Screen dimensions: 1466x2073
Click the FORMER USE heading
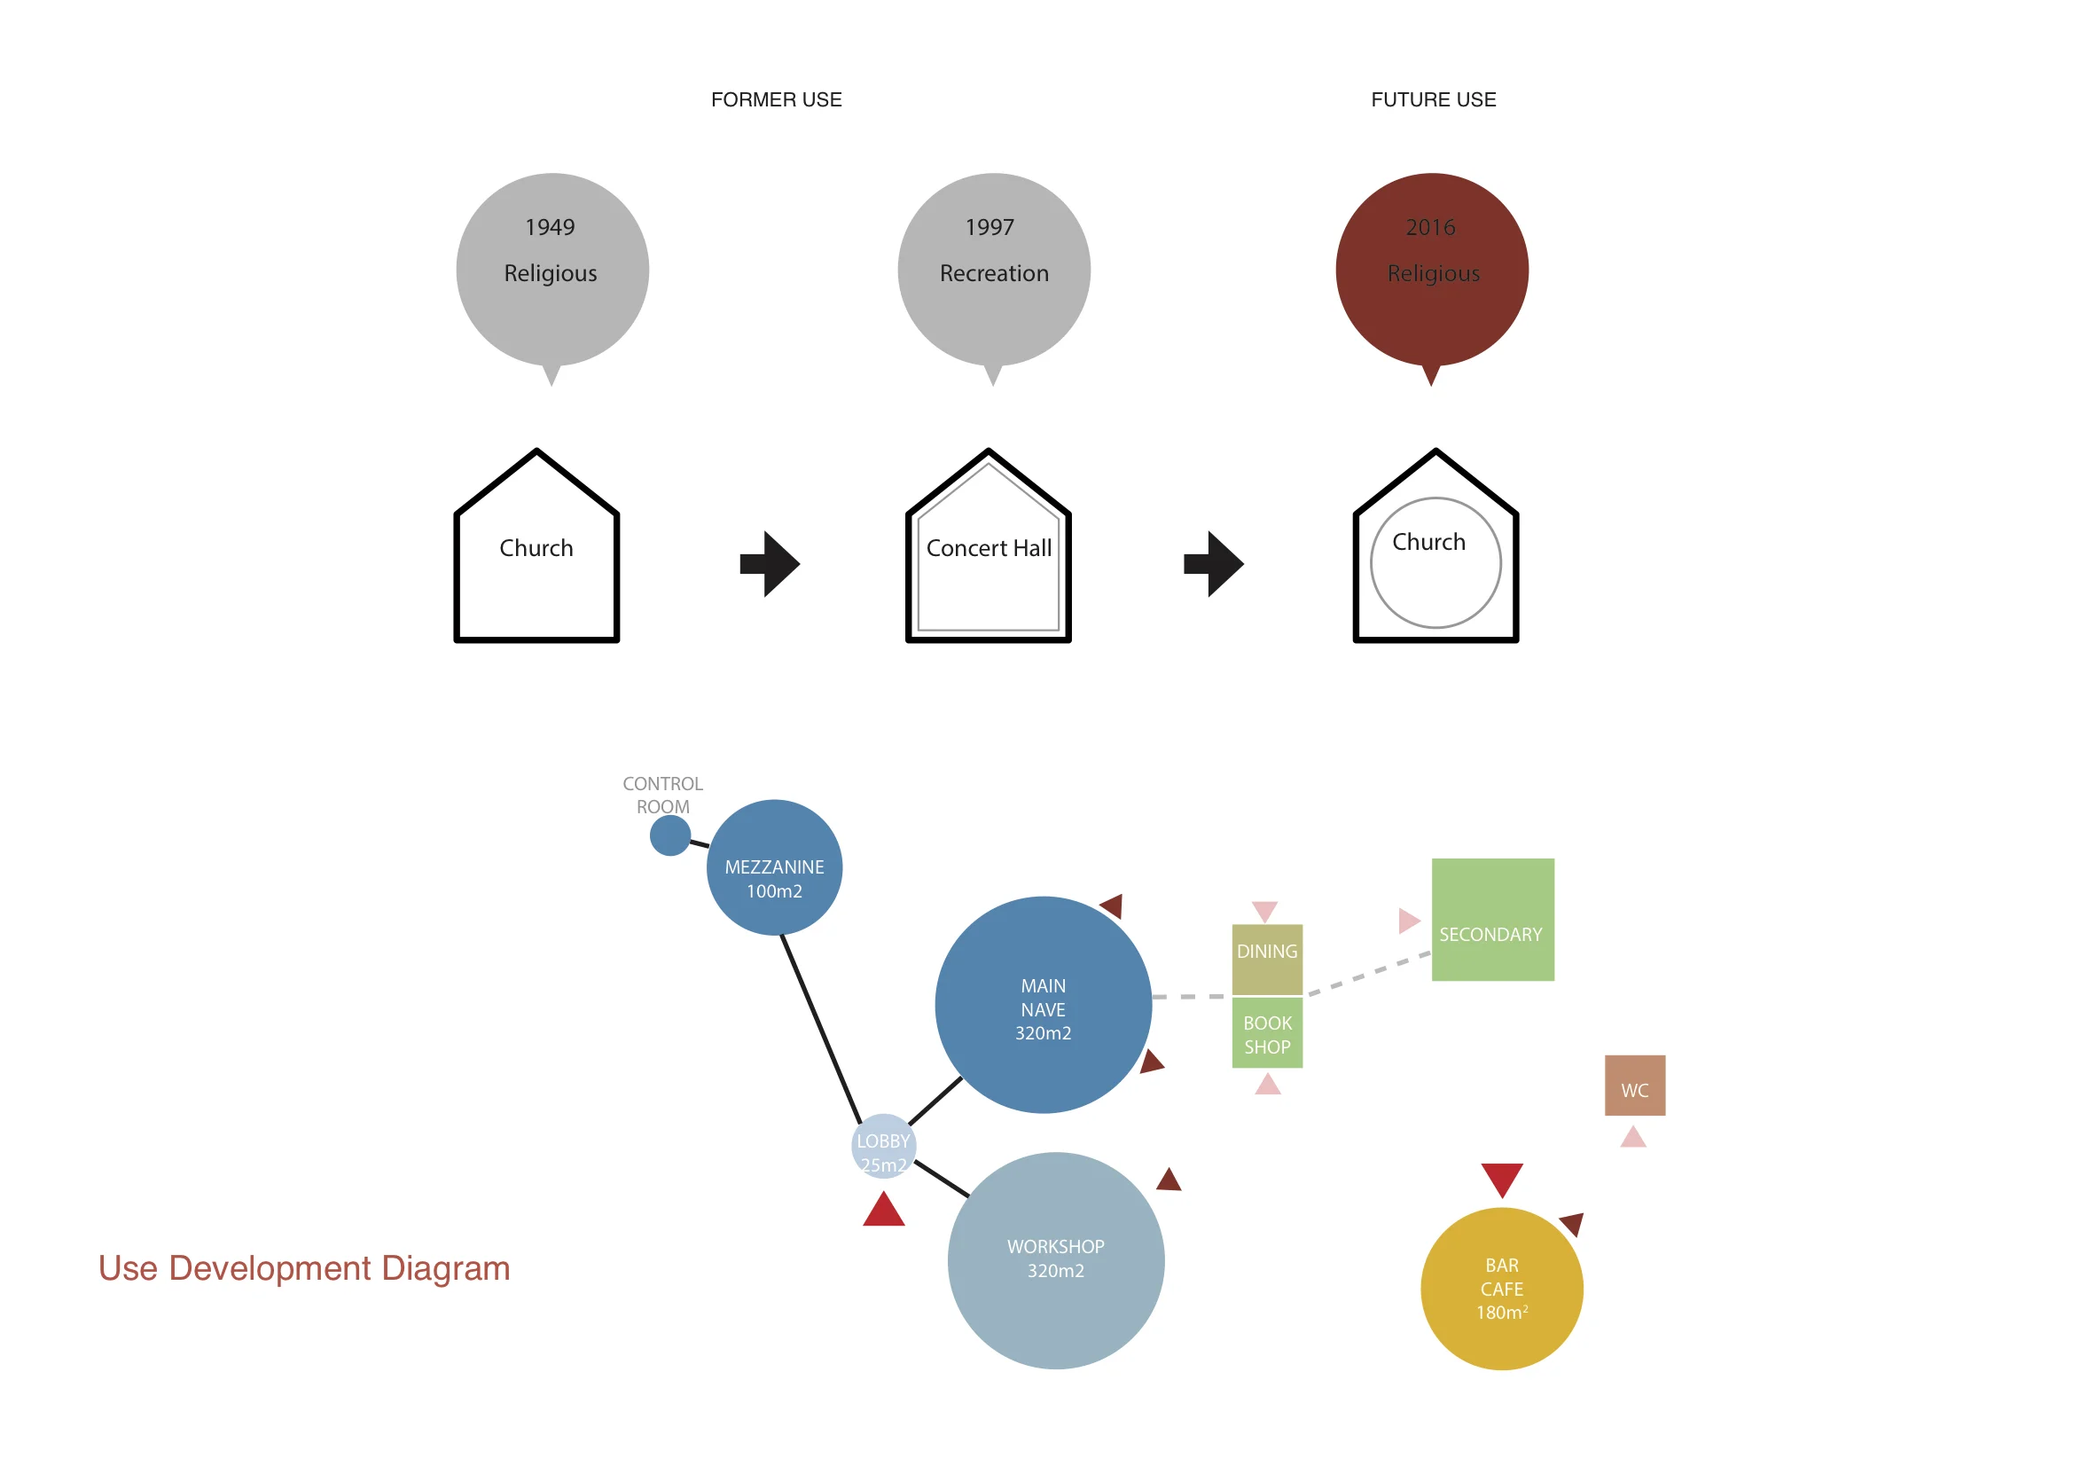pos(776,99)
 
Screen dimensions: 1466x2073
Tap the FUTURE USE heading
pos(1433,99)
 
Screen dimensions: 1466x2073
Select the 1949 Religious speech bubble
pos(551,270)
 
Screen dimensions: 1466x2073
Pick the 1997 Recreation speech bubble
pos(993,270)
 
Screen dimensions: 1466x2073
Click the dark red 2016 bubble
pos(1431,270)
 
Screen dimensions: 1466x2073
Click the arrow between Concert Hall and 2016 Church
pos(1214,564)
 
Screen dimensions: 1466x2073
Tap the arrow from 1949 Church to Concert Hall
pos(770,564)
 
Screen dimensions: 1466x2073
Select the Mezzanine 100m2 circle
pos(774,867)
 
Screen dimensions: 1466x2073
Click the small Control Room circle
pos(670,835)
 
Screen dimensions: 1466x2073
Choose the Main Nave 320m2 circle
pos(1043,1005)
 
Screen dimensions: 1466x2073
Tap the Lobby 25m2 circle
pos(883,1146)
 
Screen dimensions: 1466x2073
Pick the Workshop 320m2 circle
pos(1055,1260)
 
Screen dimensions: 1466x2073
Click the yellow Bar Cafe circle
pos(1501,1288)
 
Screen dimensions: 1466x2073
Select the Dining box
pos(1267,959)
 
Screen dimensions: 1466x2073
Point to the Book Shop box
pos(1267,1033)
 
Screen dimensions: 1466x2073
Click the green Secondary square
pos(1492,920)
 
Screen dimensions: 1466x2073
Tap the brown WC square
pos(1634,1085)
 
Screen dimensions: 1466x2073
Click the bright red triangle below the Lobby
pos(883,1212)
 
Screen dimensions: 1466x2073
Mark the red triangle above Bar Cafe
pos(1501,1177)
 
